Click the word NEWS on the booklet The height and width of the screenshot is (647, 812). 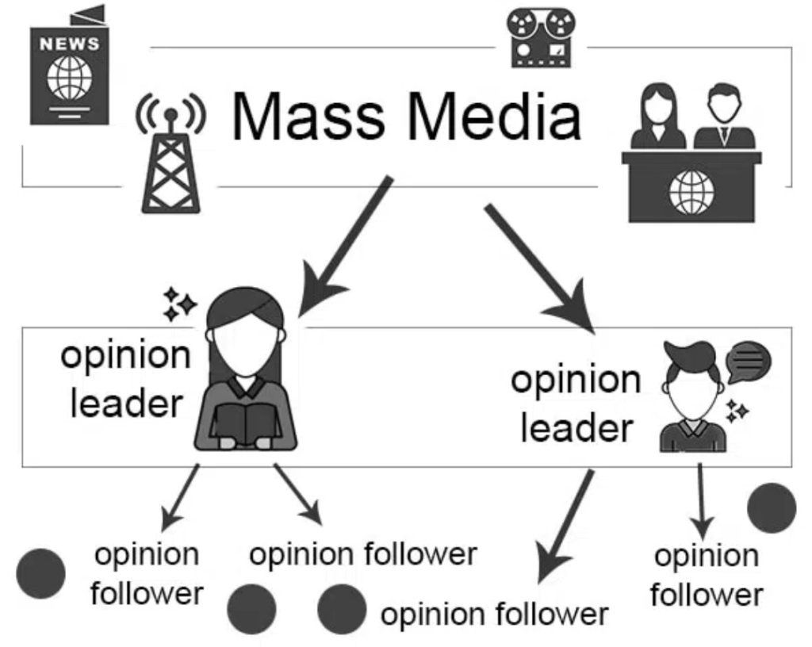point(70,44)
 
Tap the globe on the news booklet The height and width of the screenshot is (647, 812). point(70,78)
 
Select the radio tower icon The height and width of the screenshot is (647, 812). point(169,159)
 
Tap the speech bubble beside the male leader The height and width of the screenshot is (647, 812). point(749,362)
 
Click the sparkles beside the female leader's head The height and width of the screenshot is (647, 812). point(178,304)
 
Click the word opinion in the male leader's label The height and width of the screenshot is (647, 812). point(575,380)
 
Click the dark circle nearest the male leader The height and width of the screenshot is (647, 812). point(771,507)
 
